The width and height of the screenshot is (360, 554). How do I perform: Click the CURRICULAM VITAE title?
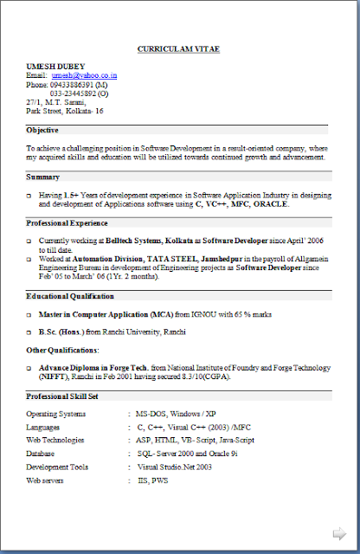[178, 49]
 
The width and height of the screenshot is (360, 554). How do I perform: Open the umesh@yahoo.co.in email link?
[90, 76]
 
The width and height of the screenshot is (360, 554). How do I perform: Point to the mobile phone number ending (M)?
[79, 85]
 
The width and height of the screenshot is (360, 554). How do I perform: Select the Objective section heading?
[42, 130]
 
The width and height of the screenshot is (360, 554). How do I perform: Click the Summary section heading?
[42, 177]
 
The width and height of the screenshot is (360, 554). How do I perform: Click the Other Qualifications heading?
[62, 350]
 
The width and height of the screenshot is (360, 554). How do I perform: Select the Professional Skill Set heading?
[61, 396]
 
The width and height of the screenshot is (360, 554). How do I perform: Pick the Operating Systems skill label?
[56, 414]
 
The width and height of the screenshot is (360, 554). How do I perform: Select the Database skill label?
[41, 453]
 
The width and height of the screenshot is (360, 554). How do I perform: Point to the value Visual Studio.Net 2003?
[175, 466]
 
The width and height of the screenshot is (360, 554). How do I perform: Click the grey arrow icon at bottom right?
[340, 532]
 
